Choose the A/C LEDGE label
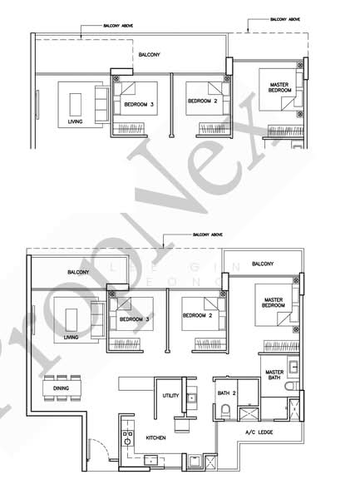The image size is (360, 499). coord(259,432)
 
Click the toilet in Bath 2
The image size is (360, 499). coord(227,408)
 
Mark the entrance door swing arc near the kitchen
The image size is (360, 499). coord(98,450)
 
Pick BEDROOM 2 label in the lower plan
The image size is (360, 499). coord(198,318)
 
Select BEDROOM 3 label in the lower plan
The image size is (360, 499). coord(133,319)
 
